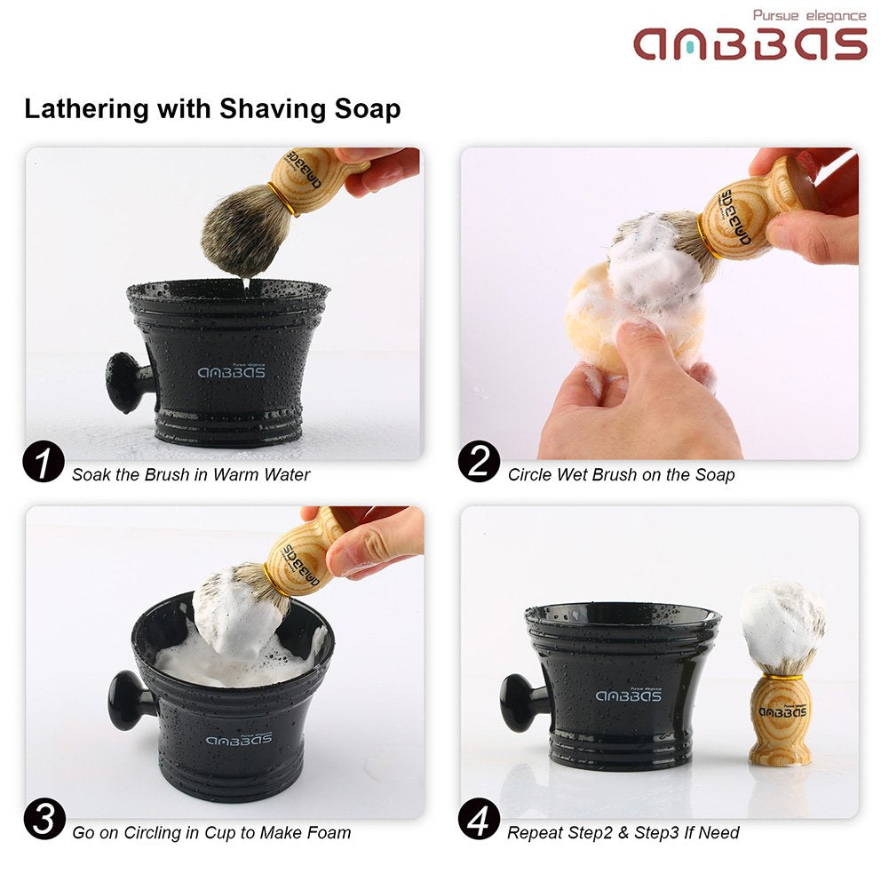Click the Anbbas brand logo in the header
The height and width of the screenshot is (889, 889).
click(750, 44)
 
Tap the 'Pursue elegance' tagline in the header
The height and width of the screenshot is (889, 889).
click(808, 15)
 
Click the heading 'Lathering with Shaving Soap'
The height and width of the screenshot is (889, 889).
click(212, 109)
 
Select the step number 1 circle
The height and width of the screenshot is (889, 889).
click(44, 464)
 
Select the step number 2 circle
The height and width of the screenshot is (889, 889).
click(480, 464)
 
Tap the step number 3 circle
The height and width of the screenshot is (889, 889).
click(44, 822)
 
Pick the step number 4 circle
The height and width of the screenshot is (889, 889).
click(480, 822)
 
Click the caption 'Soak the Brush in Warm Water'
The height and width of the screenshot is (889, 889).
click(191, 475)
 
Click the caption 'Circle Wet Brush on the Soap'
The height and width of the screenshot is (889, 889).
click(621, 475)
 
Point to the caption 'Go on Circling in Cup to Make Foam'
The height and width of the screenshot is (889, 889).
click(211, 833)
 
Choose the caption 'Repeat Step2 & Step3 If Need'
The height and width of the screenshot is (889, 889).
click(623, 833)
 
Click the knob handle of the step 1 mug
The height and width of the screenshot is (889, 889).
click(124, 383)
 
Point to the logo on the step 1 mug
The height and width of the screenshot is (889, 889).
click(231, 372)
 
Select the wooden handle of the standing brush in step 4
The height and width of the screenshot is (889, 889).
click(781, 718)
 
